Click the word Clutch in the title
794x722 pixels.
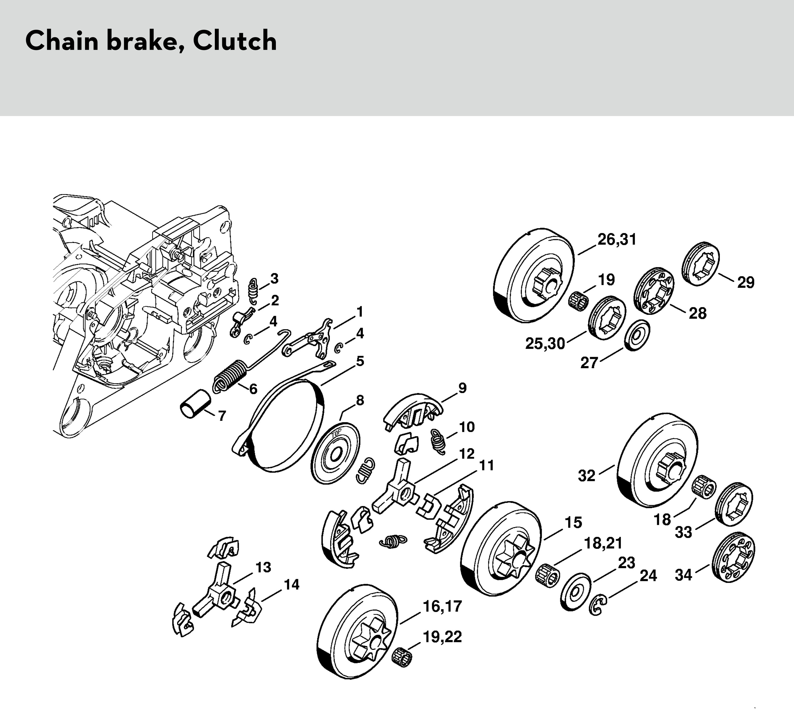pyautogui.click(x=235, y=41)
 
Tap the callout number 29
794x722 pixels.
pyautogui.click(x=746, y=283)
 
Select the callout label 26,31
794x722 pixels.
pyautogui.click(x=617, y=239)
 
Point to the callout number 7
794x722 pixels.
pyautogui.click(x=222, y=416)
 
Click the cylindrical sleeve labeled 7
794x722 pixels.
pyautogui.click(x=195, y=404)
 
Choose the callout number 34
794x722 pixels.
pyautogui.click(x=683, y=575)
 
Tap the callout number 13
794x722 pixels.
pyautogui.click(x=263, y=567)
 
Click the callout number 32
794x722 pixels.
pyautogui.click(x=587, y=475)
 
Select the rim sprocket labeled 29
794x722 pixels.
pyautogui.click(x=701, y=264)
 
